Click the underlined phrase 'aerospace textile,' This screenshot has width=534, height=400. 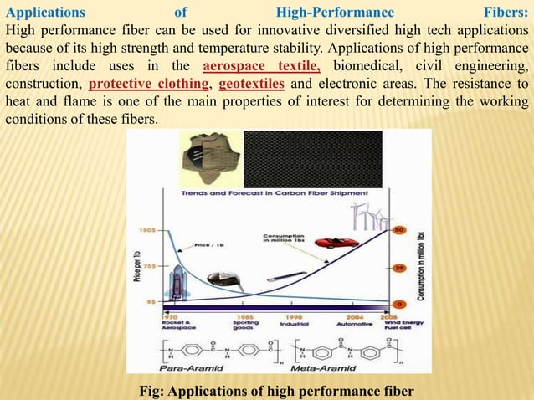[x=261, y=68]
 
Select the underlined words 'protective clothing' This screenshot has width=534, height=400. [x=148, y=85]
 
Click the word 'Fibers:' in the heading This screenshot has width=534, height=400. [x=506, y=13]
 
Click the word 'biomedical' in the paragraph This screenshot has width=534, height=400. [x=370, y=68]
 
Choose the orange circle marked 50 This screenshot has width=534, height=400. [x=399, y=229]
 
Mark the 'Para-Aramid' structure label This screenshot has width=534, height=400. [x=185, y=367]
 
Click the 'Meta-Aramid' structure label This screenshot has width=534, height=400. [x=321, y=367]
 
